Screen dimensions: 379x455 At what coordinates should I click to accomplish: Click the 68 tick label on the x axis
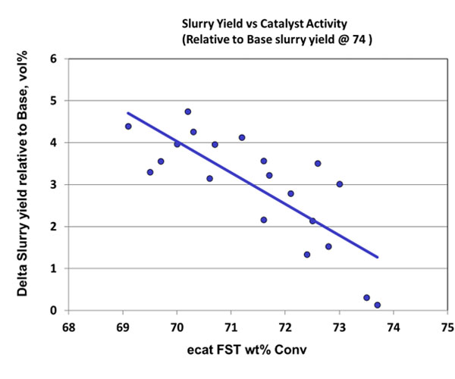69,327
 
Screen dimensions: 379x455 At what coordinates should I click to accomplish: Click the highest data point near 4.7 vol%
187,111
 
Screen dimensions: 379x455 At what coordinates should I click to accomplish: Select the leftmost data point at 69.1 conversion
128,127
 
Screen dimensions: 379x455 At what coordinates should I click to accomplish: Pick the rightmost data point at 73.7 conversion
377,305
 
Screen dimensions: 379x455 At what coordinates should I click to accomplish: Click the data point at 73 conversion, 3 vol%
339,184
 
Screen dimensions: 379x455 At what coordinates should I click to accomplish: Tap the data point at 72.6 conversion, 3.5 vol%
318,163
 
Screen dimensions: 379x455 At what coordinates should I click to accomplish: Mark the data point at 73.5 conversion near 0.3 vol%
366,298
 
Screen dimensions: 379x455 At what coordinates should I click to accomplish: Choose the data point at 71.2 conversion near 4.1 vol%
242,137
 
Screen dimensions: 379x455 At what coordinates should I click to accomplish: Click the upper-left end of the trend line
128,113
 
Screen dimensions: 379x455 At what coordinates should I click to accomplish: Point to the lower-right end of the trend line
377,258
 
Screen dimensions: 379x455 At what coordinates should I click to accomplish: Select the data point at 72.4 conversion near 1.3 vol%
306,255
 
